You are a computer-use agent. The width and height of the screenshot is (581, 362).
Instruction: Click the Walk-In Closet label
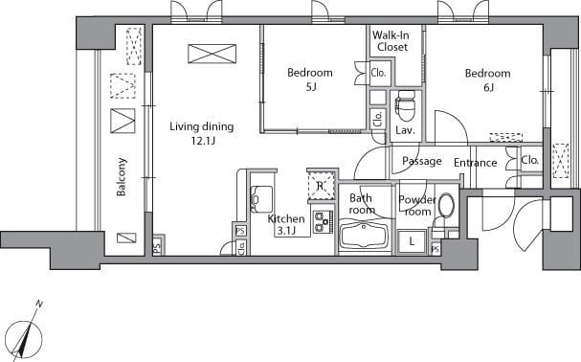[x=391, y=41]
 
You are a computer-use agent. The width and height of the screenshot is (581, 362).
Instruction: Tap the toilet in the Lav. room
[x=405, y=105]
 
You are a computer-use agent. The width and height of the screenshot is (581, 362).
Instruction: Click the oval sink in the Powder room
[x=446, y=206]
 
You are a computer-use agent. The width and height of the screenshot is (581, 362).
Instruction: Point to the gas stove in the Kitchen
[x=323, y=222]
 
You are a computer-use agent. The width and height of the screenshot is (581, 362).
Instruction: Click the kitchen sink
[x=261, y=199]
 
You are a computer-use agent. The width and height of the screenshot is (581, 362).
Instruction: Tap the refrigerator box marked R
[x=321, y=185]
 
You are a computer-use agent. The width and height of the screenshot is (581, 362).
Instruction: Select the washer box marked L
[x=412, y=242]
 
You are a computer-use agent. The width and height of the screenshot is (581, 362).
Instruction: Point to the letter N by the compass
[x=39, y=305]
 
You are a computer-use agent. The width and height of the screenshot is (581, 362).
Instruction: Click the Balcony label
[x=122, y=177]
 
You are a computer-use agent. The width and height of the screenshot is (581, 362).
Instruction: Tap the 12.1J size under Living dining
[x=203, y=141]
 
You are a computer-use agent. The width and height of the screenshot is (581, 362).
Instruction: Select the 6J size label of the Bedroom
[x=488, y=87]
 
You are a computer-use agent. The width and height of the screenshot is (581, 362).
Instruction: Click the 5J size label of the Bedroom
[x=311, y=87]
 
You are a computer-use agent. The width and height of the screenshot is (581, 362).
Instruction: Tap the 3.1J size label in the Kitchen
[x=286, y=231]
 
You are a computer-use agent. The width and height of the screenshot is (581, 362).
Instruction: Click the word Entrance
[x=476, y=163]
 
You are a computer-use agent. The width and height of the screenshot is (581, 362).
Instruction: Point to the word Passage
[x=422, y=161]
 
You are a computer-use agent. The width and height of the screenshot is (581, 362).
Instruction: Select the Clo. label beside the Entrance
[x=529, y=160]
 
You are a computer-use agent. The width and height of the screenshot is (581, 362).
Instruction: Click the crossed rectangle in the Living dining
[x=212, y=54]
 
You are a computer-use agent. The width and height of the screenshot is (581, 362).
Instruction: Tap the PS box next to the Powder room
[x=436, y=249]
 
